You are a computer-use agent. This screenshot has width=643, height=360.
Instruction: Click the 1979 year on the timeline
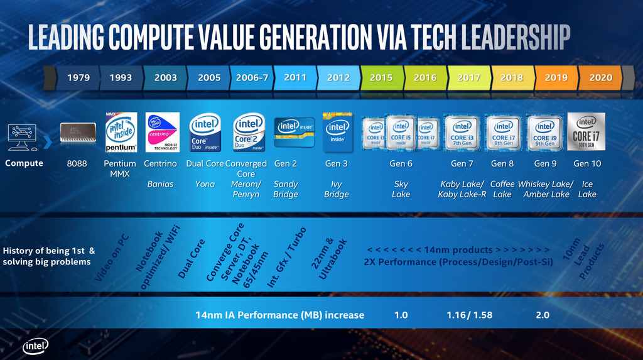(x=78, y=78)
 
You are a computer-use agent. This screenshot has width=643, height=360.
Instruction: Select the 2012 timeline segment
(x=338, y=78)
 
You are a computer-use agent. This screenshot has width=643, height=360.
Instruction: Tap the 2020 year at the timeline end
(x=601, y=78)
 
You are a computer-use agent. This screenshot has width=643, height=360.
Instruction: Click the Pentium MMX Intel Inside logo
(x=121, y=132)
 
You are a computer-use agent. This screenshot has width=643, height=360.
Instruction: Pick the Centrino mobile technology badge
(x=163, y=132)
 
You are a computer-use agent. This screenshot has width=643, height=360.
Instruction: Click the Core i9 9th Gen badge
(x=545, y=133)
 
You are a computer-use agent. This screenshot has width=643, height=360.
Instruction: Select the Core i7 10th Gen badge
(x=586, y=131)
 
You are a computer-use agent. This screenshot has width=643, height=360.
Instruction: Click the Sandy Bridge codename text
(x=286, y=189)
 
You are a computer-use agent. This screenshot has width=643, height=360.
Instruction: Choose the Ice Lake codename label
(x=587, y=189)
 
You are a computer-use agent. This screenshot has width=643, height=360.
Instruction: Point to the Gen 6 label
(x=401, y=163)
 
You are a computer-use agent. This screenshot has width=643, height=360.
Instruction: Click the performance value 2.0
(x=543, y=315)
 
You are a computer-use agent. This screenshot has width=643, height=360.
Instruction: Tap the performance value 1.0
(x=401, y=315)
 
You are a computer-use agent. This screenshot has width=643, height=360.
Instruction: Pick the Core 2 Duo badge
(x=249, y=133)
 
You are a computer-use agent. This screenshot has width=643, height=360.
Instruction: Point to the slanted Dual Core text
(x=191, y=258)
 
